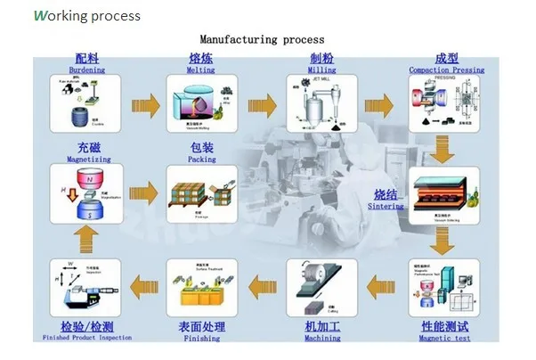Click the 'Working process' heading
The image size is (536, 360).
click(86, 16)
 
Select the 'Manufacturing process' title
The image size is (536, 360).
click(262, 39)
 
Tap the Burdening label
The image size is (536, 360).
click(86, 70)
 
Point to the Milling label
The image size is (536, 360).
click(321, 70)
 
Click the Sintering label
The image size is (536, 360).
click(386, 206)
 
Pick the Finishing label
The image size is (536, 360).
click(202, 338)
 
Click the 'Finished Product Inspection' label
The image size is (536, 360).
click(87, 338)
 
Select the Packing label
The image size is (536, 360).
click(202, 160)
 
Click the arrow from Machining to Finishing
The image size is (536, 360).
click(264, 286)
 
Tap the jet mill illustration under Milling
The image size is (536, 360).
click(321, 105)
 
